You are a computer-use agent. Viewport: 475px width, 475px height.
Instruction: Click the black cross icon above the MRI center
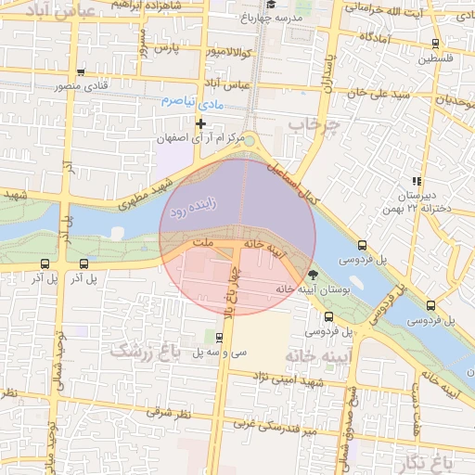coord(200,123)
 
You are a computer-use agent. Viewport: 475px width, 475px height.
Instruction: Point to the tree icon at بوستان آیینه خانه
coord(313,274)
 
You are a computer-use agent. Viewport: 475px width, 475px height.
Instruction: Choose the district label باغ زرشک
coord(144,350)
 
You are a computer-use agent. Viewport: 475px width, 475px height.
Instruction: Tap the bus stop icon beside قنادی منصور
coord(82,71)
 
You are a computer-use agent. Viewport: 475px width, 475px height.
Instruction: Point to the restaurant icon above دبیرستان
coord(417,181)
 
